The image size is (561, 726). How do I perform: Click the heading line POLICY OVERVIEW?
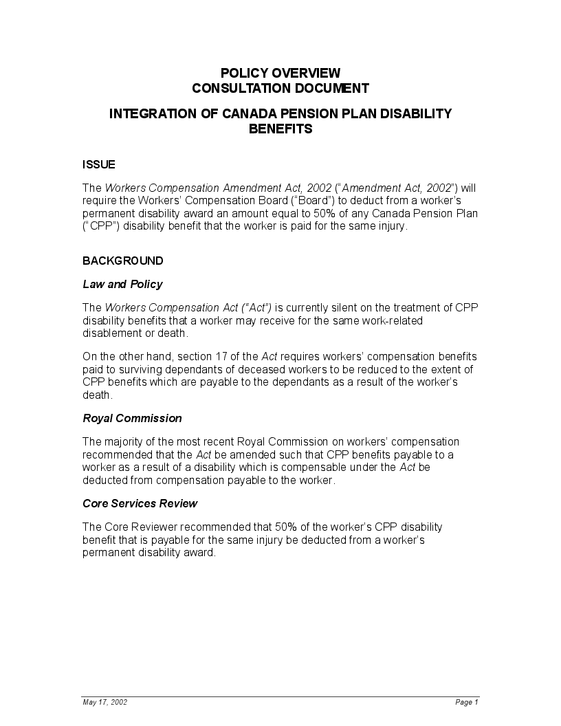(280, 73)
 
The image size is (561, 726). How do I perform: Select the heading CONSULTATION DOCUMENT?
(280, 88)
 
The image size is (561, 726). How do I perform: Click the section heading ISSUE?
(98, 164)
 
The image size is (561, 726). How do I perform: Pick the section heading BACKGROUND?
(122, 261)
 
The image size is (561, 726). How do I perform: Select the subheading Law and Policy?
(122, 284)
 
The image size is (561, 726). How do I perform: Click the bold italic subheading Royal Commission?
(132, 418)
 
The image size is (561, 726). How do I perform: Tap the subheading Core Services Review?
(140, 503)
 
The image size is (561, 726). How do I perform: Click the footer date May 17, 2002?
(104, 702)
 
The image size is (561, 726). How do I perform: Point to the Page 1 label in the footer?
(466, 702)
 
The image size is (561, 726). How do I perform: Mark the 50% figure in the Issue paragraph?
(325, 213)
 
